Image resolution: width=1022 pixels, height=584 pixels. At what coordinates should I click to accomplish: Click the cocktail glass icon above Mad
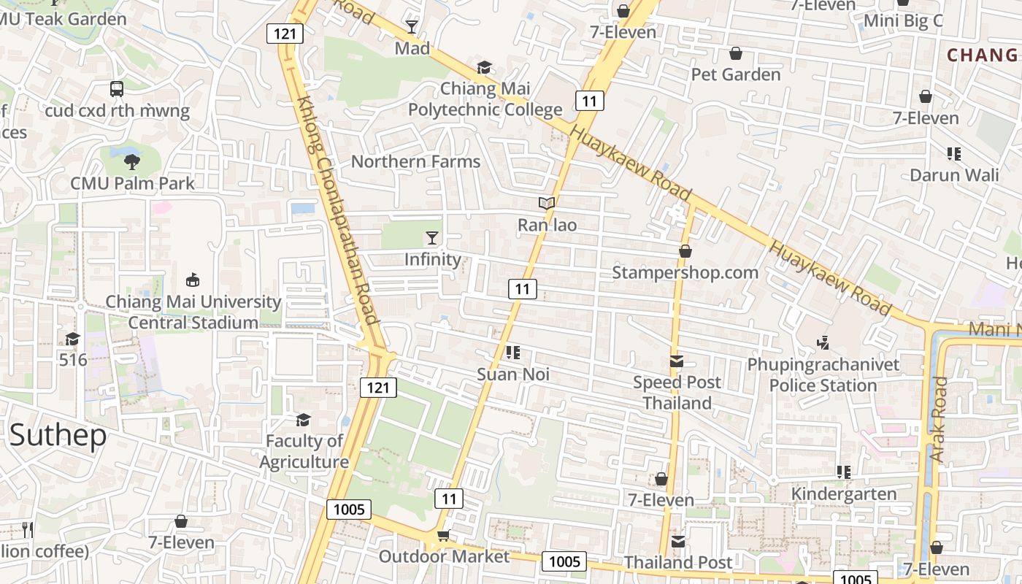point(412,27)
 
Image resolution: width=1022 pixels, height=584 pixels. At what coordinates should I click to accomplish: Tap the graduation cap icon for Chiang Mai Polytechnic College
point(484,68)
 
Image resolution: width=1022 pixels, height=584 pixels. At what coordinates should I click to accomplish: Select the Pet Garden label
point(735,74)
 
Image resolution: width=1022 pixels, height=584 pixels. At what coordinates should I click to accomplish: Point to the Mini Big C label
point(903,20)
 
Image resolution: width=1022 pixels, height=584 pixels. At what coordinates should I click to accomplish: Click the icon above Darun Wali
point(953,154)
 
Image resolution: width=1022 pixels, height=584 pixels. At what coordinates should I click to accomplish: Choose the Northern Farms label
point(415,161)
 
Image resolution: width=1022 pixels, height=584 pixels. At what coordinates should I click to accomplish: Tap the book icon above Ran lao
point(547,204)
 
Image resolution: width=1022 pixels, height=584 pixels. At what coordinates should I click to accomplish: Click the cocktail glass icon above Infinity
point(432,237)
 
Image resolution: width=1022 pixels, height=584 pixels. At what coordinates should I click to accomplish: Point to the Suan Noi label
point(512,374)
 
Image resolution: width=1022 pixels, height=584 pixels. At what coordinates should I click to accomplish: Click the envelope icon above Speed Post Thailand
point(677,361)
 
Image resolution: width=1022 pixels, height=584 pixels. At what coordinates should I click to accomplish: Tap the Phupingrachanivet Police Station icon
point(823,342)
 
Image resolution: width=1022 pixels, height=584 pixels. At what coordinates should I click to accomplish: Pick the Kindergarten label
point(844,494)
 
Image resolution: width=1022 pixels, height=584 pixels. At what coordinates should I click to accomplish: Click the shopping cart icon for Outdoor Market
point(443,537)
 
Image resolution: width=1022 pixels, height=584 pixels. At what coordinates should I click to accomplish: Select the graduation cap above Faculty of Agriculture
point(303,420)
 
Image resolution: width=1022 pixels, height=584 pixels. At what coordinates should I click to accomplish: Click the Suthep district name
point(58,435)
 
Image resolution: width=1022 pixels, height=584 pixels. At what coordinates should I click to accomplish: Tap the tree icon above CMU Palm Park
point(132,161)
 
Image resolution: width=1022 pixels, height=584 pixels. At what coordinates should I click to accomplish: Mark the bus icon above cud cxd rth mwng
point(117,89)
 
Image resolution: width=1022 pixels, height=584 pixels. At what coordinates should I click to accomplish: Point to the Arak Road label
point(939,419)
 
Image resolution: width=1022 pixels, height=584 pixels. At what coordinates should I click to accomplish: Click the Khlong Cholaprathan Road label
point(337,212)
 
